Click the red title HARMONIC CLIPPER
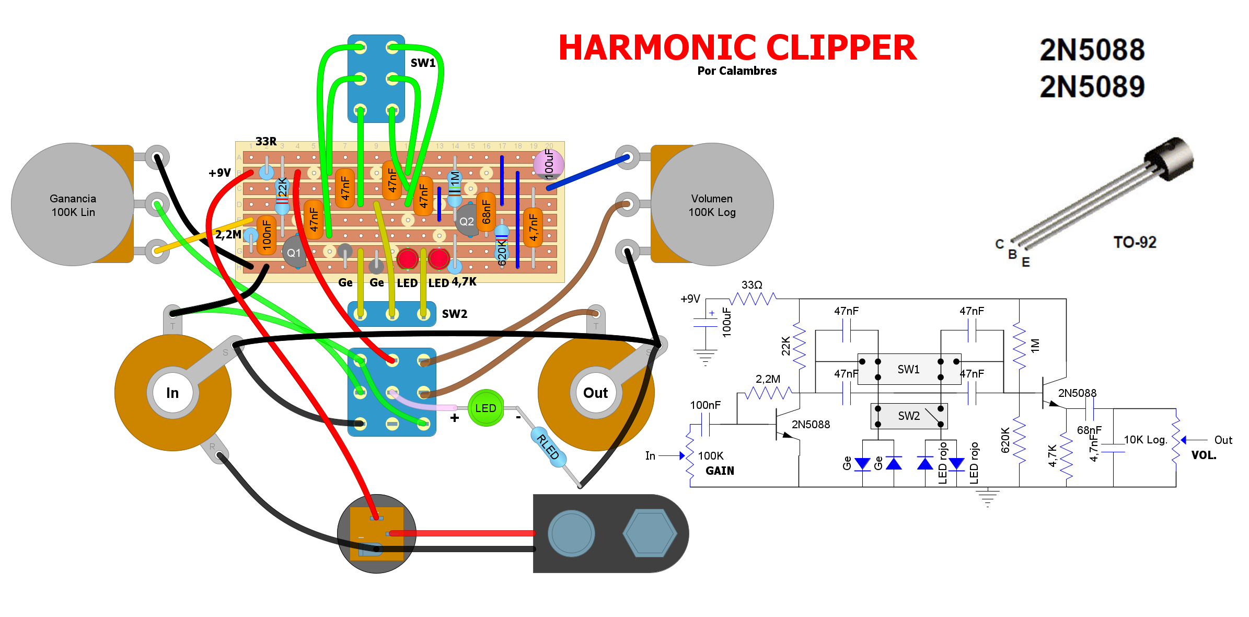[x=737, y=48]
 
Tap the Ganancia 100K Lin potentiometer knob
[x=73, y=204]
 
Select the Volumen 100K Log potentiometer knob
[x=712, y=204]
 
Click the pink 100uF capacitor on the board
[x=548, y=164]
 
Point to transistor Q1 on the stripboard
[x=294, y=253]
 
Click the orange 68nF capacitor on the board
[x=486, y=211]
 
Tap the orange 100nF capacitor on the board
[x=267, y=234]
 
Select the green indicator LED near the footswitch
[x=485, y=408]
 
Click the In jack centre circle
[x=172, y=393]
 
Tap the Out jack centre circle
[x=595, y=393]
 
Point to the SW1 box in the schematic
[x=909, y=369]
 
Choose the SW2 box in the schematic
[x=909, y=416]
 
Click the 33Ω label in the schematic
[x=751, y=285]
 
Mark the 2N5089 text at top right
[x=1092, y=87]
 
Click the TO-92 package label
[x=1135, y=242]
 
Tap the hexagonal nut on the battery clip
[x=650, y=533]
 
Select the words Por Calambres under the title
[x=737, y=71]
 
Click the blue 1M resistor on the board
[x=455, y=186]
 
